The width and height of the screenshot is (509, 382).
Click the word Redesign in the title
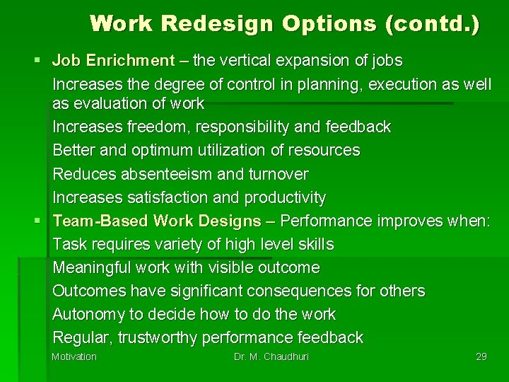coord(218,23)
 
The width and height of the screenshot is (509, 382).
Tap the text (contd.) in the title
coord(432,23)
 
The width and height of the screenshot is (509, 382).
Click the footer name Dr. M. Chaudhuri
coord(271,357)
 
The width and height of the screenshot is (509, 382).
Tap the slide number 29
coord(481,357)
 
